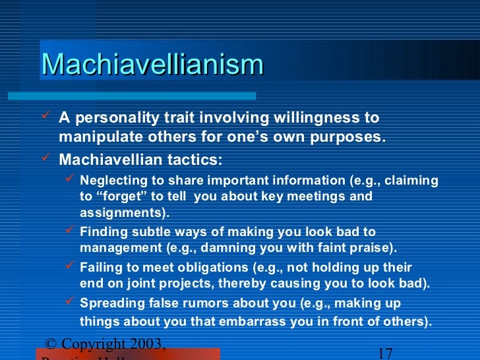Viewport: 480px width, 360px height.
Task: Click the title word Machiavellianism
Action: point(152,65)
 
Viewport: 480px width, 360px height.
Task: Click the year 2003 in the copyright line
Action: point(146,344)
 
